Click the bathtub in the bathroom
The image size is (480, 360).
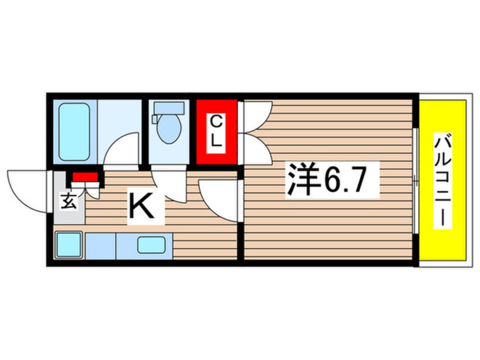click(74, 131)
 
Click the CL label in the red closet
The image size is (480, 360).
click(216, 132)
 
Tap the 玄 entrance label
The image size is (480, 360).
click(68, 202)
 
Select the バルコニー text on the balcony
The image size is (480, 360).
click(443, 181)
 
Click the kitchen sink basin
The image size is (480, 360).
click(151, 245)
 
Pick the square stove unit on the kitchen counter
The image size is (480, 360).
click(69, 245)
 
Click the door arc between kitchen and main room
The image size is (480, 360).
click(218, 199)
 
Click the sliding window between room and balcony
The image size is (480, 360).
click(416, 181)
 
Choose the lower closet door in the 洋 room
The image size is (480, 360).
click(256, 149)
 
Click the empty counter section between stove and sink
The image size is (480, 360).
click(100, 245)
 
